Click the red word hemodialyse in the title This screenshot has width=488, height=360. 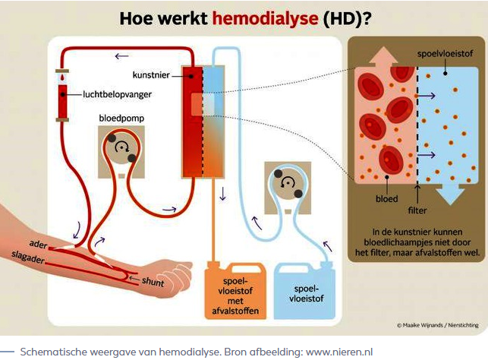point(257,17)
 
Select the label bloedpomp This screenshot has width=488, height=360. point(121,120)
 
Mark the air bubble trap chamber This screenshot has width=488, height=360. point(61,96)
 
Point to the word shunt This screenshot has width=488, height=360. point(152,280)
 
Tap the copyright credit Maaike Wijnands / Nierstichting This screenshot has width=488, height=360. point(437,326)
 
